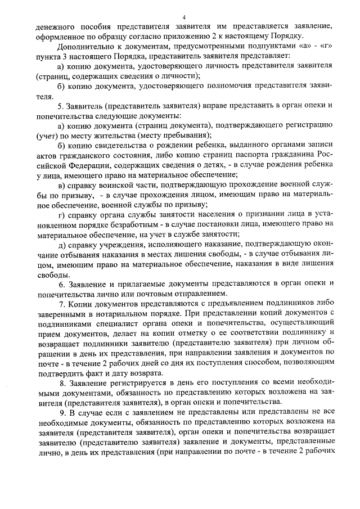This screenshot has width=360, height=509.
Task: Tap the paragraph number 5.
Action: (61, 106)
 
